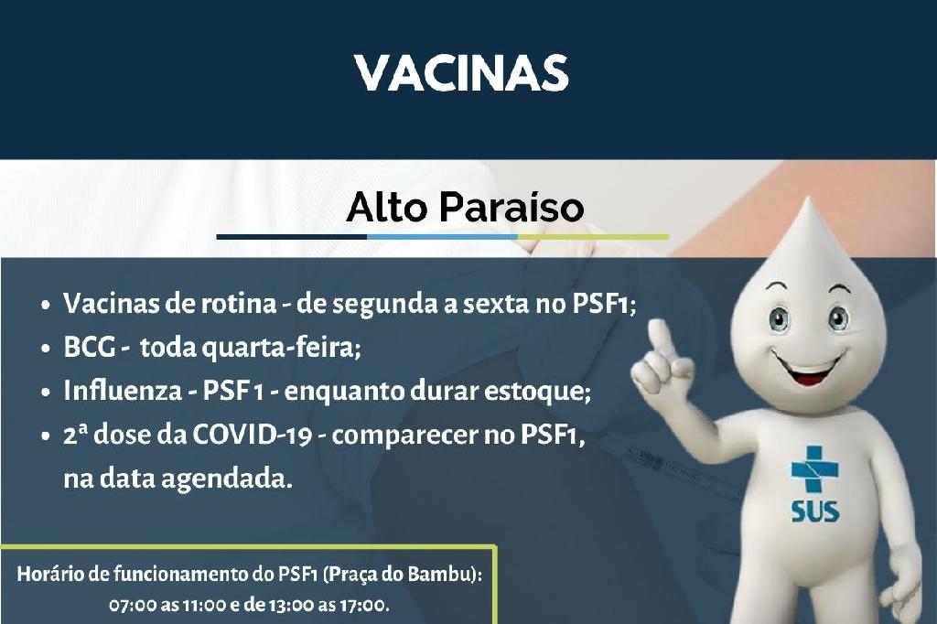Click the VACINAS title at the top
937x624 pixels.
click(461, 73)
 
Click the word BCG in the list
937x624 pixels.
click(89, 347)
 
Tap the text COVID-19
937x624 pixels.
click(252, 436)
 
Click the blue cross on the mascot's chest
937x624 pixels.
click(814, 469)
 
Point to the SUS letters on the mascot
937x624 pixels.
click(815, 511)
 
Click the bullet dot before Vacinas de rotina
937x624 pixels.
click(46, 305)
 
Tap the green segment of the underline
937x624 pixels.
click(593, 237)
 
